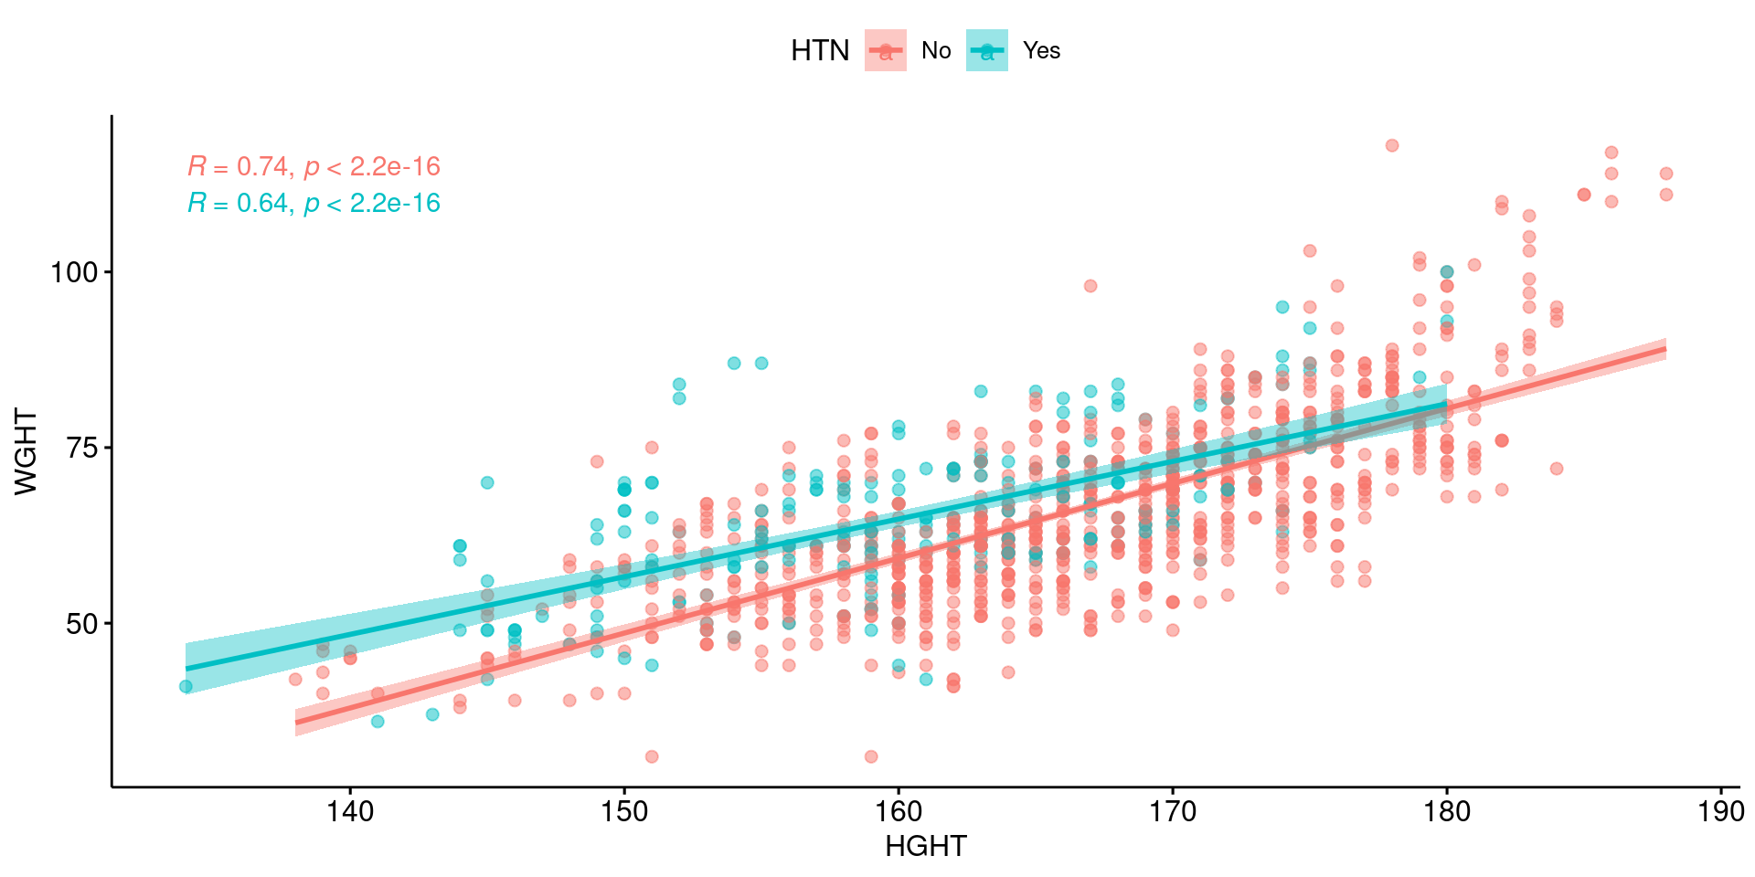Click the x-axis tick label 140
(350, 811)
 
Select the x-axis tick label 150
(624, 811)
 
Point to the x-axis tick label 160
(899, 811)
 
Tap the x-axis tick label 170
(1173, 811)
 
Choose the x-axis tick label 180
(1447, 811)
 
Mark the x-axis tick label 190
(1721, 811)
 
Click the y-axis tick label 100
(74, 272)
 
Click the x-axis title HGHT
(925, 847)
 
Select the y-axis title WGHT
(27, 451)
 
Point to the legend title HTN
(820, 51)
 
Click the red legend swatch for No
(886, 50)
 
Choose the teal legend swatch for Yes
(987, 50)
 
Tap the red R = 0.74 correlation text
(314, 166)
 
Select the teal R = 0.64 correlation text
(314, 203)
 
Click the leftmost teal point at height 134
(186, 687)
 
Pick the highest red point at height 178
(1392, 145)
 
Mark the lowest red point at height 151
(652, 756)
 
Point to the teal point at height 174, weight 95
(1282, 307)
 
